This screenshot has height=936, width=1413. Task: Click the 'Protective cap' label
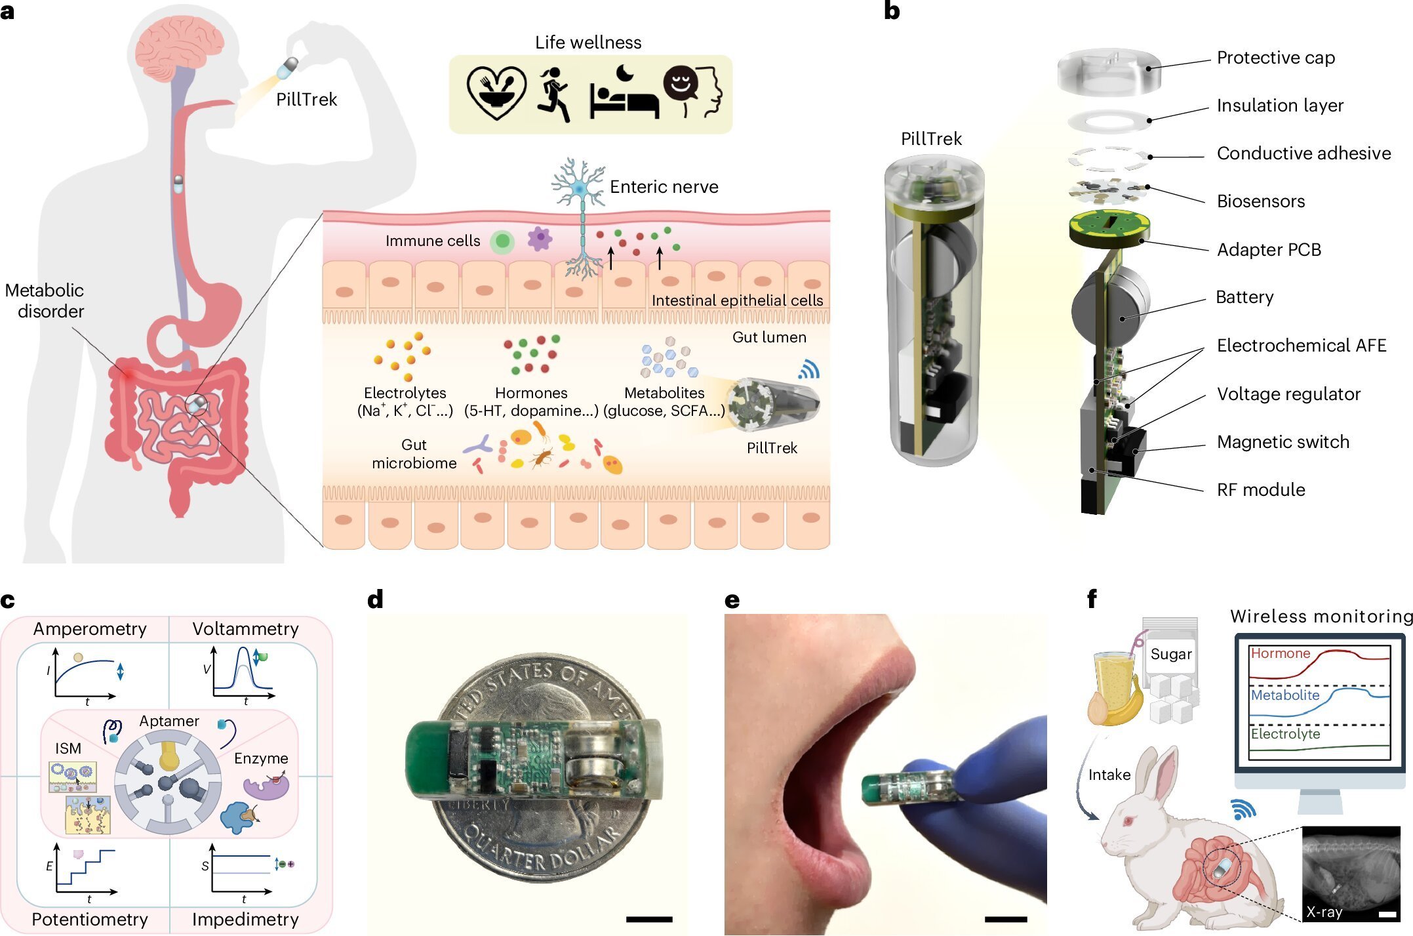pyautogui.click(x=1275, y=58)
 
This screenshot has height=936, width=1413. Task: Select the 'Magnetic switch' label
pyautogui.click(x=1283, y=442)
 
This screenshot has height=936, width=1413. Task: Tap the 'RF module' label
pyautogui.click(x=1260, y=490)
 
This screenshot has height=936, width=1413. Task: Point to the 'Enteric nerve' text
pyautogui.click(x=664, y=187)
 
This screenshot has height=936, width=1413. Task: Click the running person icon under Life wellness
pyautogui.click(x=554, y=94)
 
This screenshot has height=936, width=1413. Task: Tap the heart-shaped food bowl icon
pyautogui.click(x=496, y=93)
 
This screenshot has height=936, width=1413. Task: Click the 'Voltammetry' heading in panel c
pyautogui.click(x=245, y=629)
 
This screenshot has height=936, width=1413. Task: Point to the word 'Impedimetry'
pyautogui.click(x=245, y=920)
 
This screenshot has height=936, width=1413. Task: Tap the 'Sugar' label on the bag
pyautogui.click(x=1170, y=654)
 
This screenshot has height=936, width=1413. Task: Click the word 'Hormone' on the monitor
pyautogui.click(x=1280, y=653)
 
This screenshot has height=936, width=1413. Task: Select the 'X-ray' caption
pyautogui.click(x=1324, y=912)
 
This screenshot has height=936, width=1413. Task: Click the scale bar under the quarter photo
pyautogui.click(x=648, y=920)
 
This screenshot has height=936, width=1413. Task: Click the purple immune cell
pyautogui.click(x=540, y=239)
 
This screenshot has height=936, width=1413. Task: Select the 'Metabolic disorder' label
pyautogui.click(x=45, y=300)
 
